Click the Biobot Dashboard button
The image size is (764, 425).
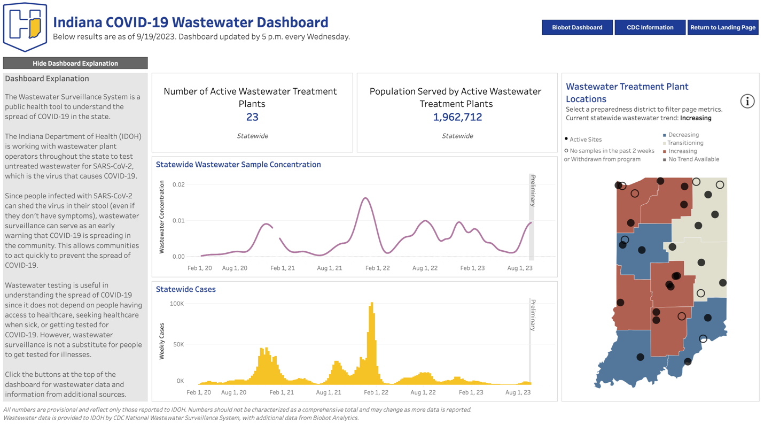(577, 27)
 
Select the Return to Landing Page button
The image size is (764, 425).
(723, 27)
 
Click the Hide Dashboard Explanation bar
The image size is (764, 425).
(75, 63)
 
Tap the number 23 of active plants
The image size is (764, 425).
(252, 117)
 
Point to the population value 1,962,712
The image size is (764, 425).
(457, 117)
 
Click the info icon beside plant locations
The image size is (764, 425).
(747, 101)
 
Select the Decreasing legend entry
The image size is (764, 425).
(683, 135)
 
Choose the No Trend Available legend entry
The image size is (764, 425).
(693, 159)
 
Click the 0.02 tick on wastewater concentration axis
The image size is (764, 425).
(178, 184)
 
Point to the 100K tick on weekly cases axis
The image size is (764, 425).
(177, 304)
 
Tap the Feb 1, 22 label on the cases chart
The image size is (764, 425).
(376, 392)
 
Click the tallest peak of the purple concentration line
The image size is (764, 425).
(365, 198)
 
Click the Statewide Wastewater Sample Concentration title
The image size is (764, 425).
(238, 165)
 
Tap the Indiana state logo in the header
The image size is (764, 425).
(25, 27)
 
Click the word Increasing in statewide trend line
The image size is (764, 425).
(696, 118)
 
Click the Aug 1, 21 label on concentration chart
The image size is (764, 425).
(329, 268)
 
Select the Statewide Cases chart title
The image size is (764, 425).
(186, 289)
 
